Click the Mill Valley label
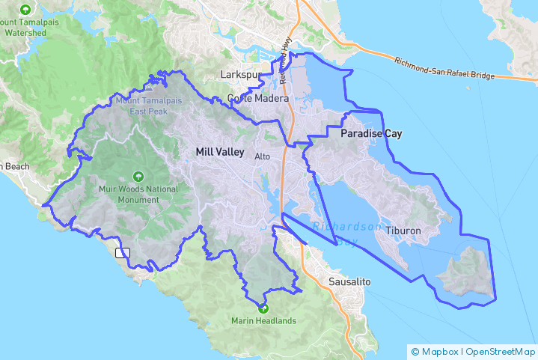[220, 152]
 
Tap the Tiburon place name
[403, 231]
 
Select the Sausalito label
[349, 282]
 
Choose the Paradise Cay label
[371, 134]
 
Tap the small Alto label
[262, 156]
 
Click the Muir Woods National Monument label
[138, 195]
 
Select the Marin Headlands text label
[263, 321]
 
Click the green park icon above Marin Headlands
[263, 307]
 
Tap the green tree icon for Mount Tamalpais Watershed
[27, 10]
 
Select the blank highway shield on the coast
[123, 253]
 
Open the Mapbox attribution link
[438, 351]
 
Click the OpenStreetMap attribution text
[499, 351]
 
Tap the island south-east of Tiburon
[467, 273]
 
